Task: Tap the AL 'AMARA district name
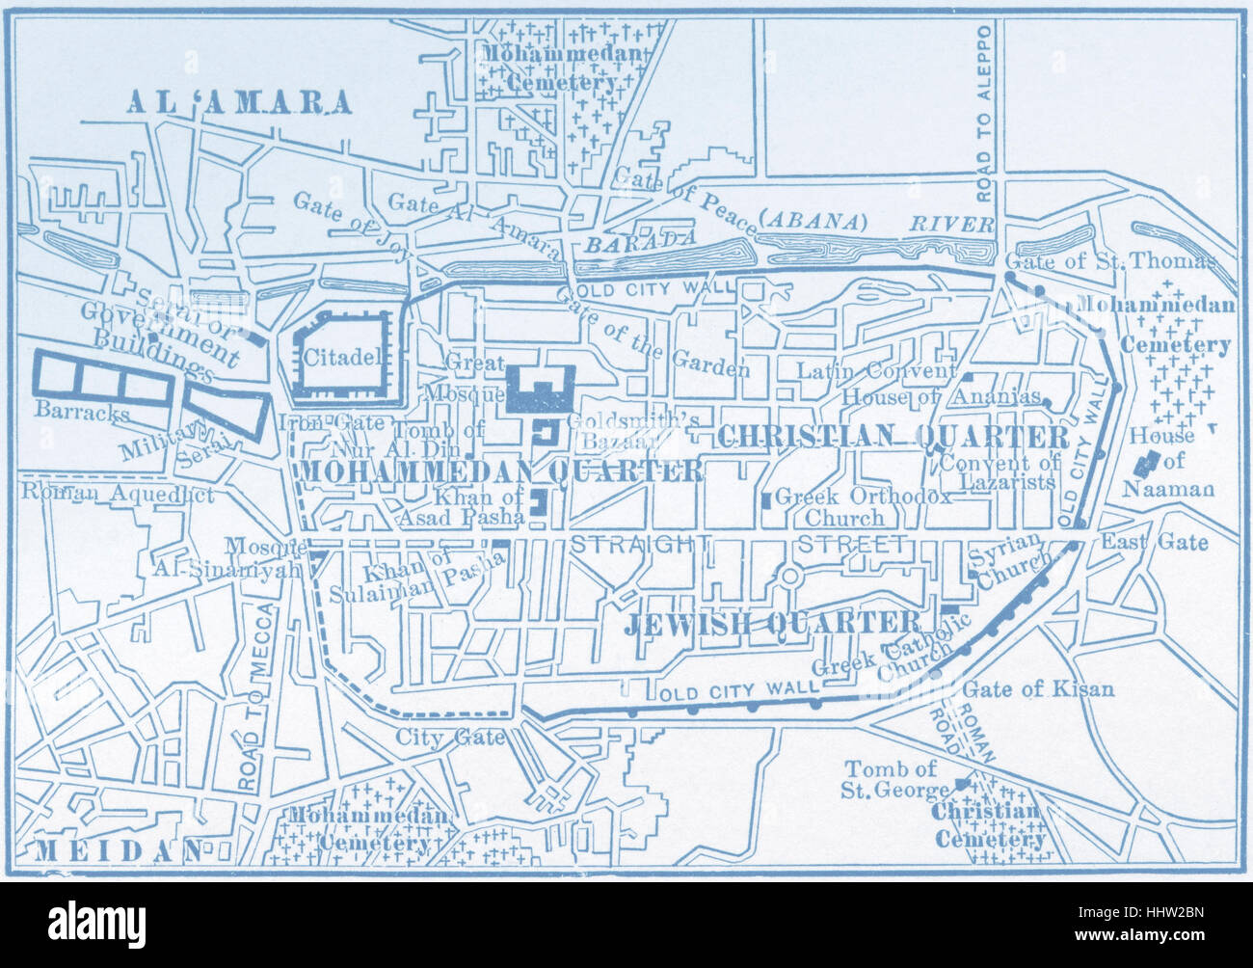click(x=239, y=103)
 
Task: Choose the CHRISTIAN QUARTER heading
click(x=893, y=436)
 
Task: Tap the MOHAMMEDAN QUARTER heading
click(x=501, y=471)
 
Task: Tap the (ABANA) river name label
click(x=812, y=221)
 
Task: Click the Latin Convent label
click(x=875, y=371)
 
